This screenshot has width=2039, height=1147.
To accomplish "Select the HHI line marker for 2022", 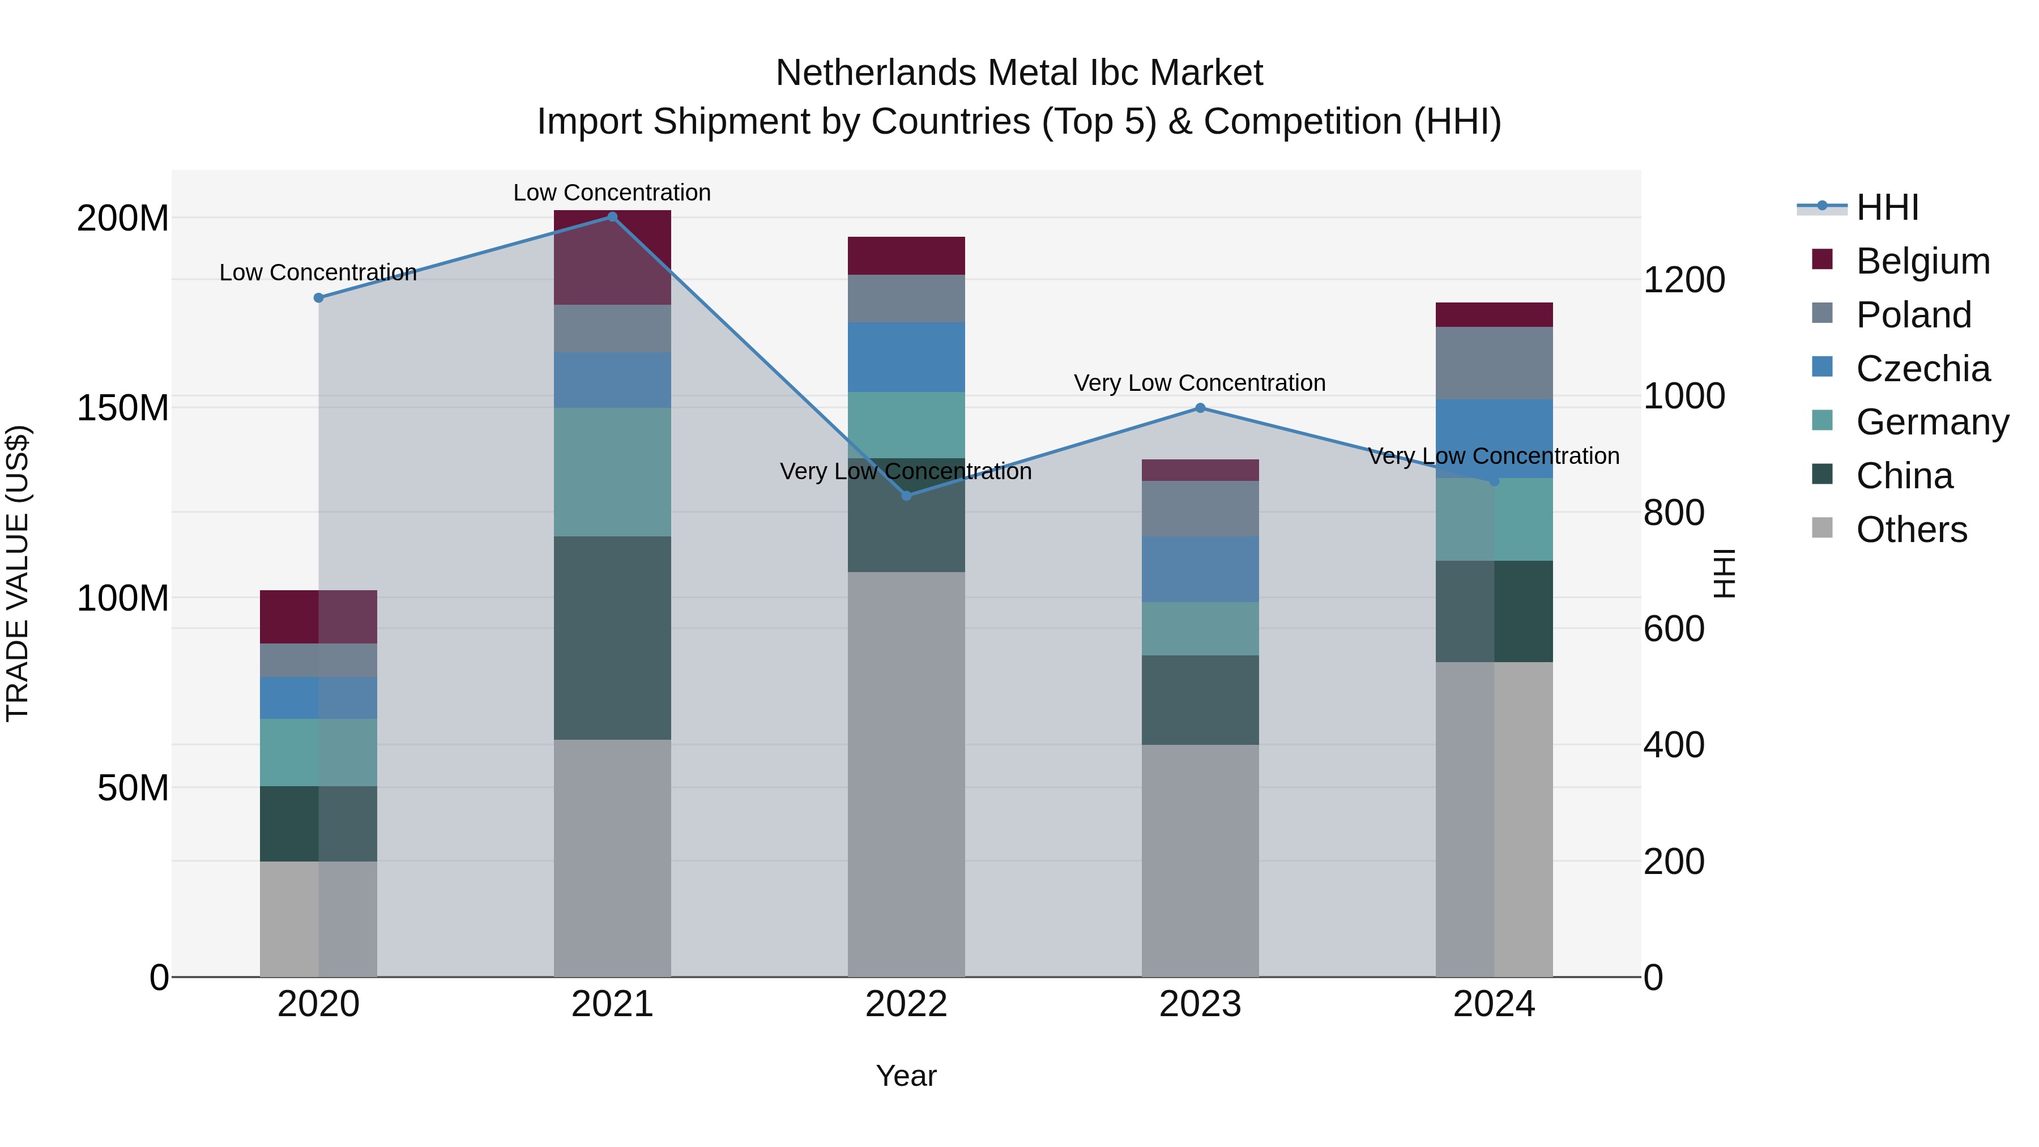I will (906, 496).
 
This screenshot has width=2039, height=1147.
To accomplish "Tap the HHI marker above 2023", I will (1200, 408).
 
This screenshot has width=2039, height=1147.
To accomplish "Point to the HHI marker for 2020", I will (318, 297).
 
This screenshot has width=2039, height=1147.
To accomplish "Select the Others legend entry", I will (1911, 530).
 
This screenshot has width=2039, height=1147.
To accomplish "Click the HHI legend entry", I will (1887, 207).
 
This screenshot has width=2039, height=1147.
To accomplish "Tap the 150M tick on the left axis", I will (123, 408).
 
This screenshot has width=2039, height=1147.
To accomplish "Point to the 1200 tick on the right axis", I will (1684, 280).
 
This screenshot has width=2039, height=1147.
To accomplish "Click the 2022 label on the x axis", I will (906, 1004).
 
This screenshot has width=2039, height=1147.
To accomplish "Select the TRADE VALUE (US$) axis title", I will (18, 573).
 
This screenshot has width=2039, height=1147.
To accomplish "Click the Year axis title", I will (906, 1076).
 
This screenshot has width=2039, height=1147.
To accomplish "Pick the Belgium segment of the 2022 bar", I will (906, 255).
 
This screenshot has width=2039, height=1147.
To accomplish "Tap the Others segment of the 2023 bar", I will (1200, 860).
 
